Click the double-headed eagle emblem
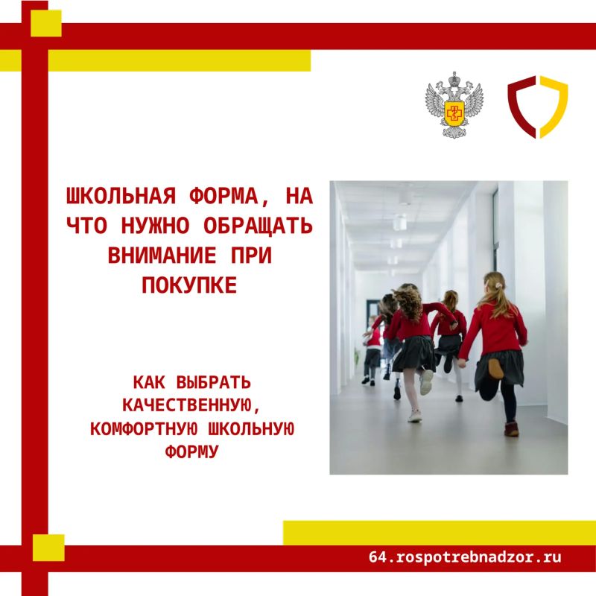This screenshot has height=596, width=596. [454, 105]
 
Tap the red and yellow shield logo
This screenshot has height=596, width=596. [537, 107]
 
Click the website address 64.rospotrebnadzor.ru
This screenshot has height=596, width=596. [465, 557]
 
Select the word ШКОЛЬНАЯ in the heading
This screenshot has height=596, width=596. [121, 197]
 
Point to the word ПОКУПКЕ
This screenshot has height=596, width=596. [189, 285]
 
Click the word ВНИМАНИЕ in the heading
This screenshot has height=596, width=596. [162, 256]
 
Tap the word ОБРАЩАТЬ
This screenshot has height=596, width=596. [258, 226]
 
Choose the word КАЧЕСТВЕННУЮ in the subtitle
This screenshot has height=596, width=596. [191, 405]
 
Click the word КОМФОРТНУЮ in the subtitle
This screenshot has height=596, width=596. [144, 429]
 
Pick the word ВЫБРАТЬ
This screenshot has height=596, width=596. [214, 382]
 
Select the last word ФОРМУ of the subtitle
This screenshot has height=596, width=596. [191, 452]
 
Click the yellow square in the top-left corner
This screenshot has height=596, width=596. [46, 23]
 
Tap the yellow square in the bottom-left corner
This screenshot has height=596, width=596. [48, 548]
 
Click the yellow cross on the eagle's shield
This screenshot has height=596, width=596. [454, 112]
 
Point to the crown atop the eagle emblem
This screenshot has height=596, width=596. [454, 79]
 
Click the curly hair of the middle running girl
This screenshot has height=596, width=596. [408, 302]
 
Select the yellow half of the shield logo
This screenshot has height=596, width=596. [554, 107]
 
